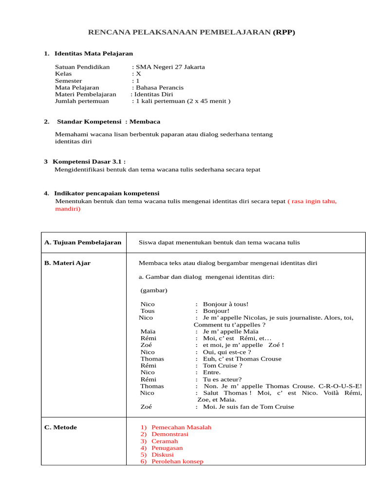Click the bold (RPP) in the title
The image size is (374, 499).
(283, 32)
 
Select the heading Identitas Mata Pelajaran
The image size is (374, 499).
(93, 53)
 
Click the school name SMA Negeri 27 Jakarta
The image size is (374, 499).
(170, 67)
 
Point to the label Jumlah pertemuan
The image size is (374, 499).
(82, 101)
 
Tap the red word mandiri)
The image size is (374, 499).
(68, 209)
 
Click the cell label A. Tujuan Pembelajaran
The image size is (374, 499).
(83, 242)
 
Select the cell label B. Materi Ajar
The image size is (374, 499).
(67, 263)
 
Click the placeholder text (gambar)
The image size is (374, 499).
(154, 290)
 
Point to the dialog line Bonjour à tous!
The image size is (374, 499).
(225, 304)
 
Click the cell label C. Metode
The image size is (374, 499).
(60, 427)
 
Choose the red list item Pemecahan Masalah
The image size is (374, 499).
(181, 427)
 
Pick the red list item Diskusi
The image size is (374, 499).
(163, 455)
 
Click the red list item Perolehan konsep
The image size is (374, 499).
(177, 461)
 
